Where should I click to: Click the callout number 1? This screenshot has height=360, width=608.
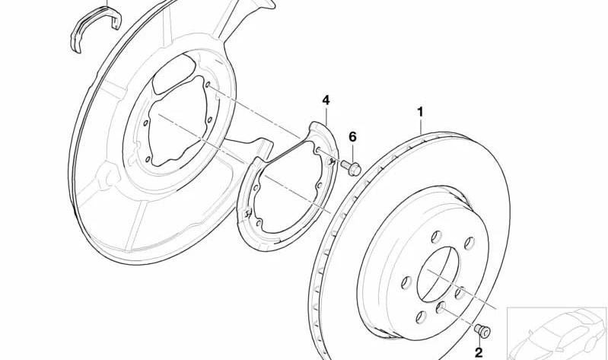[420, 112]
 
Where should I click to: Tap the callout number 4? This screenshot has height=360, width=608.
[326, 100]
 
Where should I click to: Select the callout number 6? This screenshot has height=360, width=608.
[352, 136]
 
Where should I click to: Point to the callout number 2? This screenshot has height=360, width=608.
[479, 352]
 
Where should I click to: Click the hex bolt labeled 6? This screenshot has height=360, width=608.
[351, 168]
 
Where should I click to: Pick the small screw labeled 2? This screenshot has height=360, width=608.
[482, 330]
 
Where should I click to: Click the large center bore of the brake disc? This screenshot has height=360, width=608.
[438, 274]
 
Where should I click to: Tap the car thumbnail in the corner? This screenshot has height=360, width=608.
[557, 333]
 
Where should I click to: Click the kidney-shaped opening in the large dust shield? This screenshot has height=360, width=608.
[173, 74]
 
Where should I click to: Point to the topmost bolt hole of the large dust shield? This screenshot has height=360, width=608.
[208, 84]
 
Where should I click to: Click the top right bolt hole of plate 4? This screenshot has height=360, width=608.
[317, 150]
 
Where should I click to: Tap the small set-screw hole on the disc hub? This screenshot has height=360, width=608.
[440, 308]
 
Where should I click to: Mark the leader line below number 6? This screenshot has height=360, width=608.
[352, 152]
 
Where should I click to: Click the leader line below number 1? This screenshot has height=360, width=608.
[421, 126]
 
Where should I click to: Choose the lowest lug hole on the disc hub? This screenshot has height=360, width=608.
[421, 317]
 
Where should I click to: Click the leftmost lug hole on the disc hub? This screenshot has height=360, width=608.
[406, 282]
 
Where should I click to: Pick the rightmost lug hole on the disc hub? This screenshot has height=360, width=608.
[470, 244]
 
